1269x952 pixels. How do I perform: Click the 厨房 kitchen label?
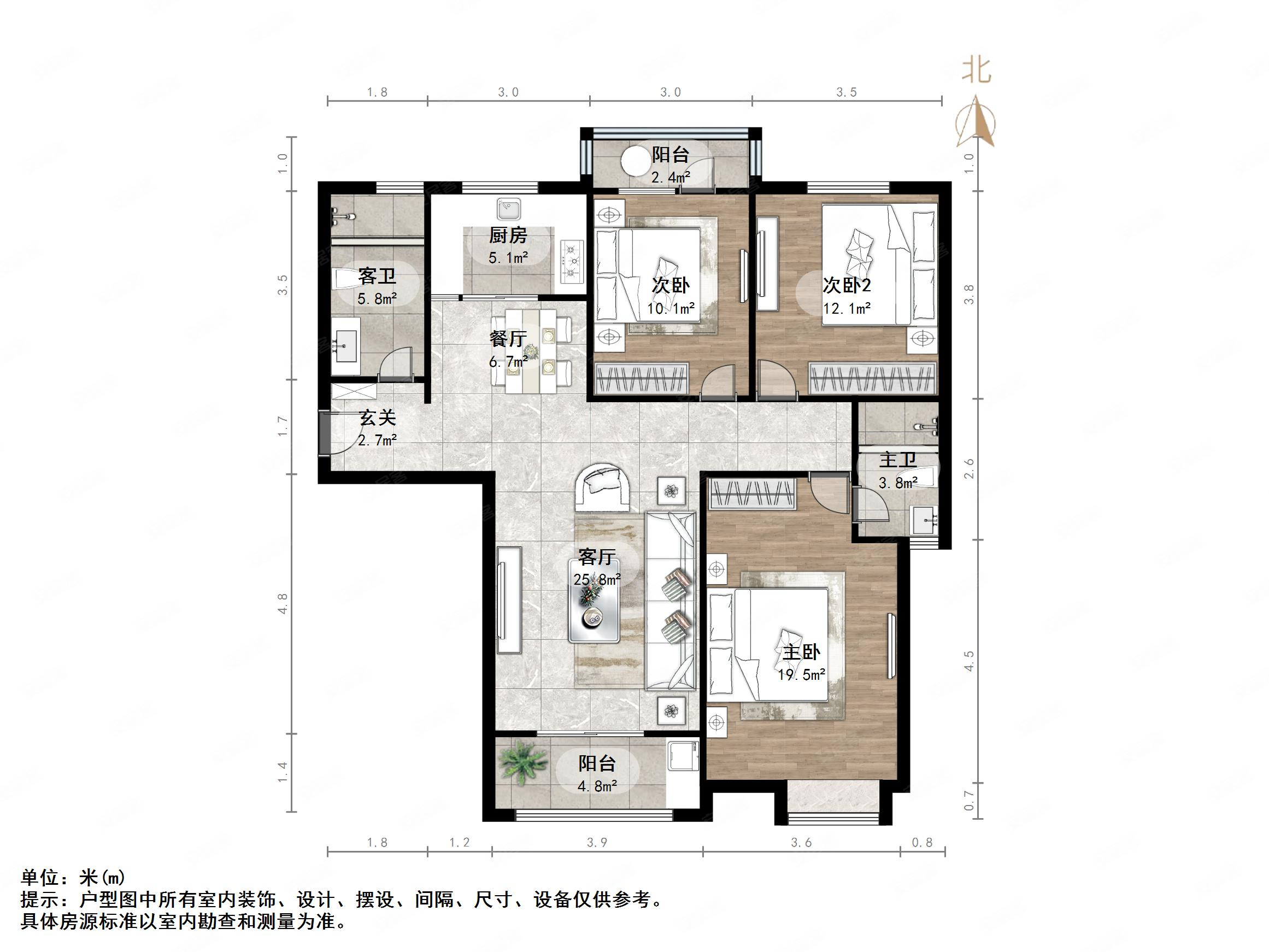(x=508, y=236)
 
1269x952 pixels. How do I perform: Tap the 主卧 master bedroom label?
(x=801, y=652)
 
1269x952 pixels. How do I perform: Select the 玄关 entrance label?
(x=378, y=418)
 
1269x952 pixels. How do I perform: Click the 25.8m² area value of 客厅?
(x=597, y=580)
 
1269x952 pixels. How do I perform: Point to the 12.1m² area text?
(x=847, y=309)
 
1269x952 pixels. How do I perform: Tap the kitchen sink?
(x=508, y=209)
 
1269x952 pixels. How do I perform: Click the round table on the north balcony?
(x=635, y=162)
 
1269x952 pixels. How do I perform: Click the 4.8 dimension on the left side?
(x=282, y=604)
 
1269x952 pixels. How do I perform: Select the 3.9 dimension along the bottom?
(x=597, y=842)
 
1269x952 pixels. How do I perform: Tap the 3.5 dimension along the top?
(x=846, y=92)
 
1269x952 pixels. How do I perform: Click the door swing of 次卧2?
(x=776, y=378)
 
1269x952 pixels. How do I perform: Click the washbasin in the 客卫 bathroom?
(x=346, y=346)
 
